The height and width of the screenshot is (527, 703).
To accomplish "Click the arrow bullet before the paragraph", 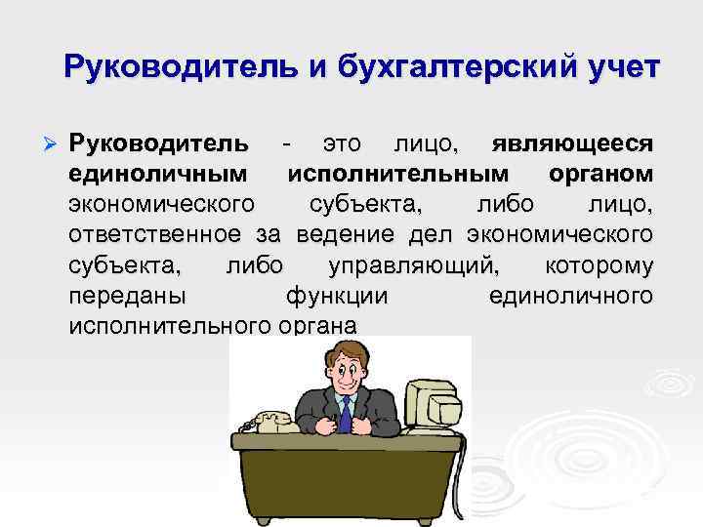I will click(51, 145).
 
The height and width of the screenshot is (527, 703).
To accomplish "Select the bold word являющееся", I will click(570, 145).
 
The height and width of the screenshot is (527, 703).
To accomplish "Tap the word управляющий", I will click(415, 265).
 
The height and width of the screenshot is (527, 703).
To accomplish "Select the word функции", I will click(337, 296).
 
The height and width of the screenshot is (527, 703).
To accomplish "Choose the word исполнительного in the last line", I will click(167, 326).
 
